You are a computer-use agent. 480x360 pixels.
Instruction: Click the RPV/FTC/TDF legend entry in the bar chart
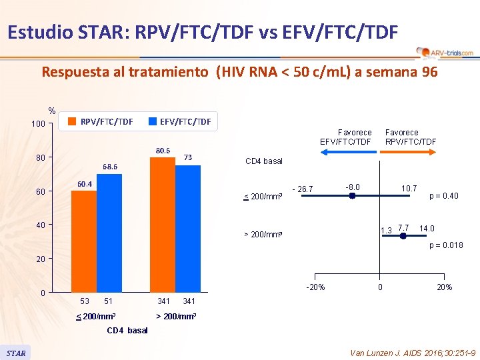pyautogui.click(x=100, y=121)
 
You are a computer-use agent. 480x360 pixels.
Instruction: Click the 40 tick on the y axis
pyautogui.click(x=40, y=225)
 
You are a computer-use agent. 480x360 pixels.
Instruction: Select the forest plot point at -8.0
pyautogui.click(x=352, y=196)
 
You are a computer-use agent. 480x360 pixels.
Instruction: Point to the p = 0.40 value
pyautogui.click(x=443, y=195)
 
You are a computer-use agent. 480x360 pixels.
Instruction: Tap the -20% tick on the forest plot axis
pyautogui.click(x=315, y=287)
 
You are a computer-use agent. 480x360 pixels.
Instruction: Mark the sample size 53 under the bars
pyautogui.click(x=84, y=301)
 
